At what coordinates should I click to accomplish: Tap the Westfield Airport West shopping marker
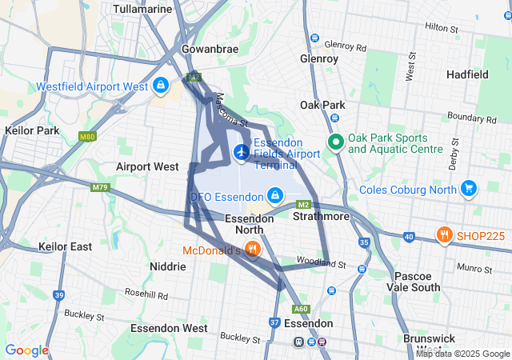(161, 84)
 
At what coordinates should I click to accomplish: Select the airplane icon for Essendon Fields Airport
(241, 150)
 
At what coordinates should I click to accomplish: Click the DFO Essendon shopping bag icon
(274, 195)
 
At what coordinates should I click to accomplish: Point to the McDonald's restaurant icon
(252, 249)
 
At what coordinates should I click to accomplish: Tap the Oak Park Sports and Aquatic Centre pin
(335, 142)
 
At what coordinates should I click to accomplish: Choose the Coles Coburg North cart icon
(468, 190)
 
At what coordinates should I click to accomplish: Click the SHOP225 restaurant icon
(442, 234)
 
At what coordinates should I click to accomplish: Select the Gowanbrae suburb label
(210, 49)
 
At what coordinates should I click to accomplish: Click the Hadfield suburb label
(467, 74)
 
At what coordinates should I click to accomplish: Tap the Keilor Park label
(31, 130)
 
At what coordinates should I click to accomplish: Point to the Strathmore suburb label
(320, 217)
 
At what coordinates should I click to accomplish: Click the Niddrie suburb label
(168, 266)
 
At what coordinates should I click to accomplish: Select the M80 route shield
(88, 137)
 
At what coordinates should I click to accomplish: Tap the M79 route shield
(99, 188)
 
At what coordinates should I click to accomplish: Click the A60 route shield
(302, 309)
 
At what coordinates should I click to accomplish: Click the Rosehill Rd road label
(146, 294)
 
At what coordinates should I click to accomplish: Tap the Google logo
(26, 350)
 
